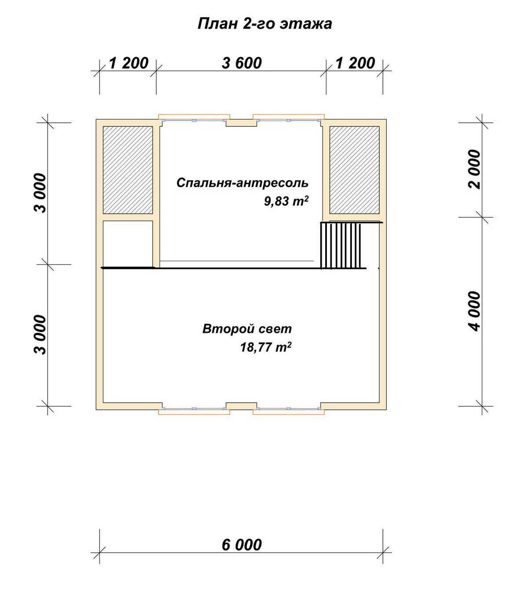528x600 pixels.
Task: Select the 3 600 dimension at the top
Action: click(242, 63)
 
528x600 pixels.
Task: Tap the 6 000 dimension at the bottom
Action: click(242, 545)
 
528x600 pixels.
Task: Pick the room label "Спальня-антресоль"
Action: click(242, 183)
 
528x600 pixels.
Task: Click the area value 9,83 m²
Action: click(286, 201)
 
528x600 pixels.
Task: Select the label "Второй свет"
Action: click(247, 329)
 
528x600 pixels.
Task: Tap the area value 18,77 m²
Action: click(265, 347)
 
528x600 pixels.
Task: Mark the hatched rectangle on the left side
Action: click(128, 170)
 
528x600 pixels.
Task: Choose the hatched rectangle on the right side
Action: click(354, 170)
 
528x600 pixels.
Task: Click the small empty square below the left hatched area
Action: click(128, 244)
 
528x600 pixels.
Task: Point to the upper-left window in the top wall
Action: click(194, 118)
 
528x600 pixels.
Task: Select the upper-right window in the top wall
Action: click(289, 118)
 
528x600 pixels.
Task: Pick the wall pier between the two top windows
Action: click(241, 123)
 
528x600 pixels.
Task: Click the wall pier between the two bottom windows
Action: click(241, 406)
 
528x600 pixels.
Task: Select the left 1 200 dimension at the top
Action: click(129, 63)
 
